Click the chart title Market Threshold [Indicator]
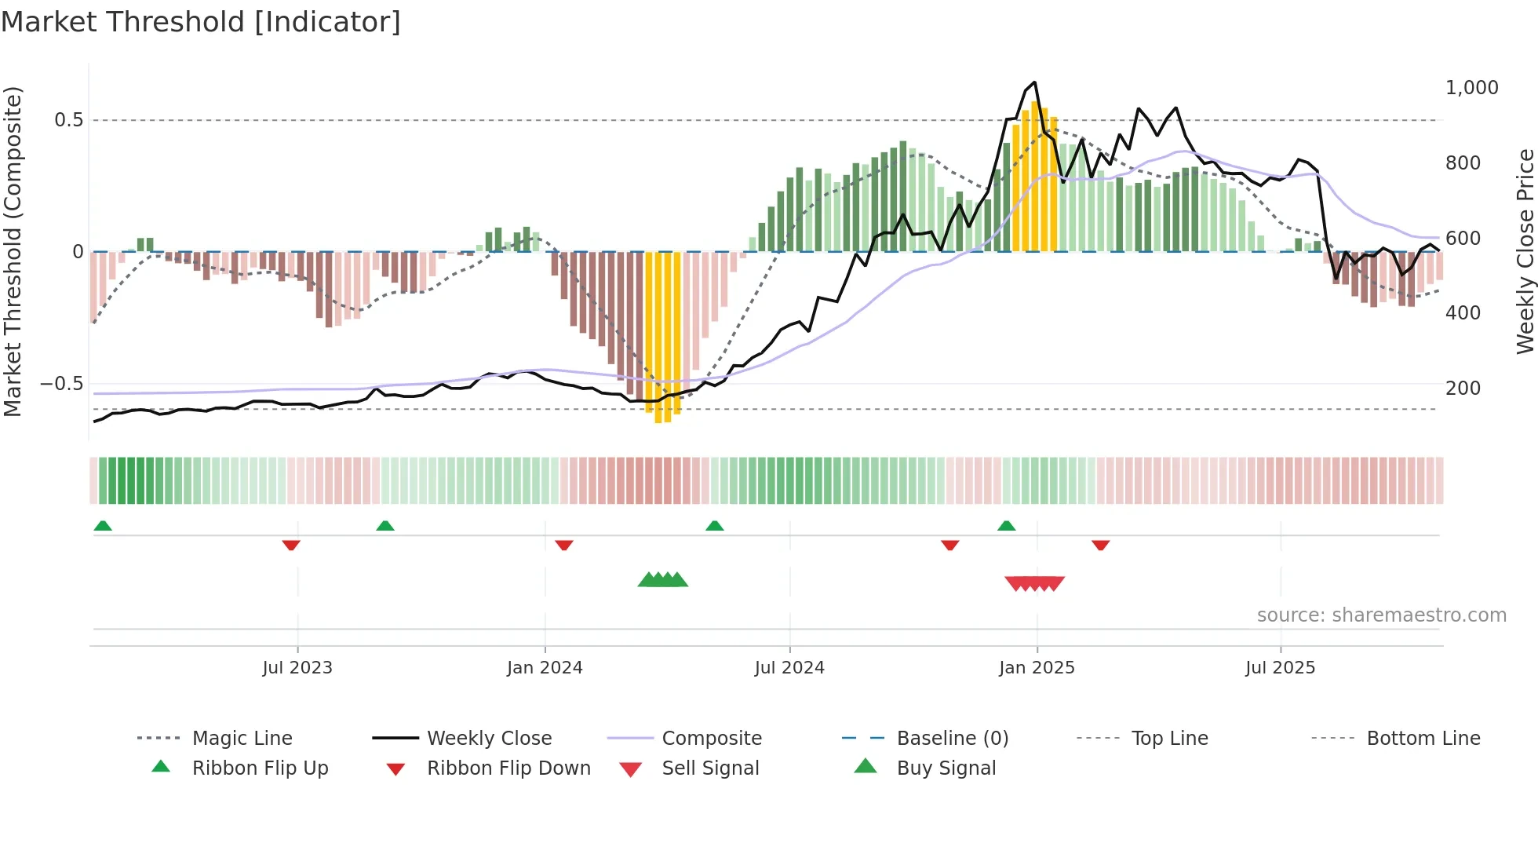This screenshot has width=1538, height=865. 201,22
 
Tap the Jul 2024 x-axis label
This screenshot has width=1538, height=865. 789,668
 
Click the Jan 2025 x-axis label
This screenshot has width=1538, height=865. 1037,668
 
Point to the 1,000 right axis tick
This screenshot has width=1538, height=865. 1471,88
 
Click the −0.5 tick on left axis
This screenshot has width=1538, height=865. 62,384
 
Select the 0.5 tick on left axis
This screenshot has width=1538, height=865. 68,120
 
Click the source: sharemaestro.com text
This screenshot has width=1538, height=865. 1381,615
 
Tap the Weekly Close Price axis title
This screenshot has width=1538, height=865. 1525,251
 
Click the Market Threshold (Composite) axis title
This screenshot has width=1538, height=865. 13,251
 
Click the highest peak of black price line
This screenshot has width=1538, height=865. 1035,82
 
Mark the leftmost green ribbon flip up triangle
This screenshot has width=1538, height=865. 103,526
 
